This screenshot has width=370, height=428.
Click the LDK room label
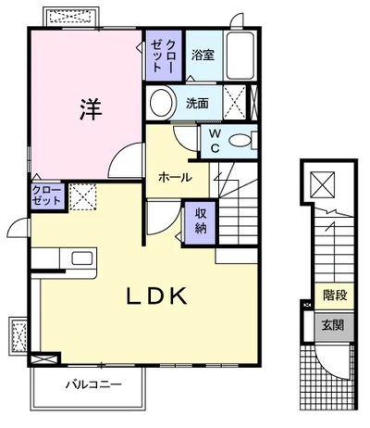pos(157,296)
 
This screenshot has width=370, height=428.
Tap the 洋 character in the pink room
pos(91,109)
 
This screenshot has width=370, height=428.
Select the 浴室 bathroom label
pos(203,55)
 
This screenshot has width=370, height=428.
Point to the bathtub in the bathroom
pos(240,55)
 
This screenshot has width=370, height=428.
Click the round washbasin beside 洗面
pos(162,103)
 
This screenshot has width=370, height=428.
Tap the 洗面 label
pos(197,103)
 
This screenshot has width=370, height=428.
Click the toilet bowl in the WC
pos(240,142)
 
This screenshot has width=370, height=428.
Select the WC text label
pos(215,141)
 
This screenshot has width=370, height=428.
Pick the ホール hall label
pos(175,177)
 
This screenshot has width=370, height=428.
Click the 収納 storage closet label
pos(201,221)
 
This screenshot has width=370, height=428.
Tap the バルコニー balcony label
pos(93,384)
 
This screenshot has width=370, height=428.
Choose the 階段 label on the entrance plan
pos(335,296)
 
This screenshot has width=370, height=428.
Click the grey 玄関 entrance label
pos(333,325)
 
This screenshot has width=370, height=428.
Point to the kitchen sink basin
pos(82,258)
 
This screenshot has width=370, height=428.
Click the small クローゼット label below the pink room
pos(47,195)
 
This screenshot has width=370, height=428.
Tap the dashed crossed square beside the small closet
pos(83,197)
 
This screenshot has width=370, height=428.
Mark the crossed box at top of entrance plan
pos(323,184)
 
